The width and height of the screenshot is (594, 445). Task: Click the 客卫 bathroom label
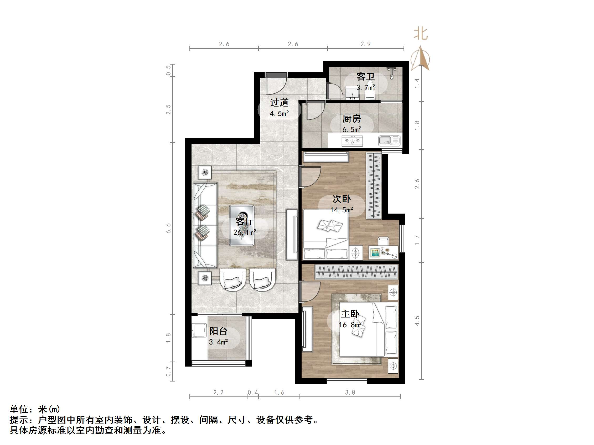(365, 77)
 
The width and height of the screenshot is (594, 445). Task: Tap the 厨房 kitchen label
(352, 119)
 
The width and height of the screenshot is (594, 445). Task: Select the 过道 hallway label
(279, 103)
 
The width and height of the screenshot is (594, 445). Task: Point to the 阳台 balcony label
(218, 331)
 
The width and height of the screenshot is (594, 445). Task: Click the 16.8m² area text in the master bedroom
(350, 325)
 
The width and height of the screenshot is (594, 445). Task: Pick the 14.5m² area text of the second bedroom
(341, 210)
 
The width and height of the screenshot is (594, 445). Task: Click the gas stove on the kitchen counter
(352, 141)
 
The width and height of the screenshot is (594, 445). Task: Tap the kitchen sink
(389, 141)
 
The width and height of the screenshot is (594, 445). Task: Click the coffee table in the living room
(242, 225)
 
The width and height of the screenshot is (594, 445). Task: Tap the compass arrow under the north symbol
(421, 58)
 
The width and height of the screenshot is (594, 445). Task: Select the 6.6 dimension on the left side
(168, 228)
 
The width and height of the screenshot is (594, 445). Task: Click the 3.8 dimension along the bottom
(350, 393)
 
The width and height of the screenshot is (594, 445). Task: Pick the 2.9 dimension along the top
(365, 44)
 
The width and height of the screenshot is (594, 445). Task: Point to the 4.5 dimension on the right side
(417, 321)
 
